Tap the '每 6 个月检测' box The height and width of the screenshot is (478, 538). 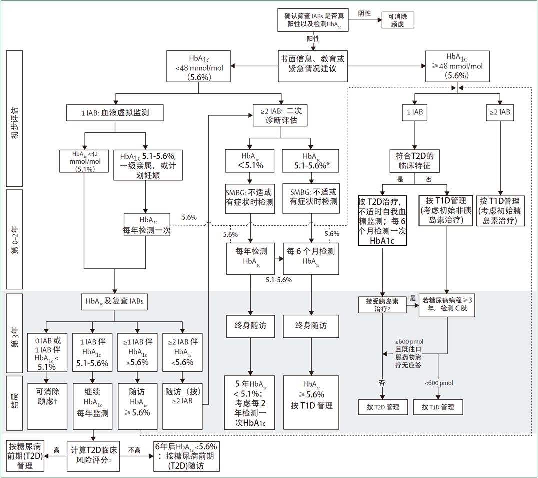click(311, 256)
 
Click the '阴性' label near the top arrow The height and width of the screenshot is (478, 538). click(364, 13)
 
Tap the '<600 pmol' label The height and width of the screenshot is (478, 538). click(439, 383)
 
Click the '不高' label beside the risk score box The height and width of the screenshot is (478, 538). click(134, 450)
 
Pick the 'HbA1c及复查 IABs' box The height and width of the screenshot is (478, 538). click(114, 301)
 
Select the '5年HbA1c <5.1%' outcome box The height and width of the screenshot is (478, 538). click(250, 402)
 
